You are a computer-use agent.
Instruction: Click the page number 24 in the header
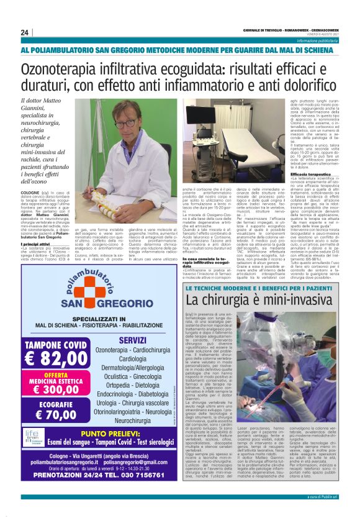(x=24, y=32)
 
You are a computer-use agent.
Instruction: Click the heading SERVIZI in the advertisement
(x=132, y=340)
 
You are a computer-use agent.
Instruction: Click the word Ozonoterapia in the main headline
(x=68, y=68)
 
